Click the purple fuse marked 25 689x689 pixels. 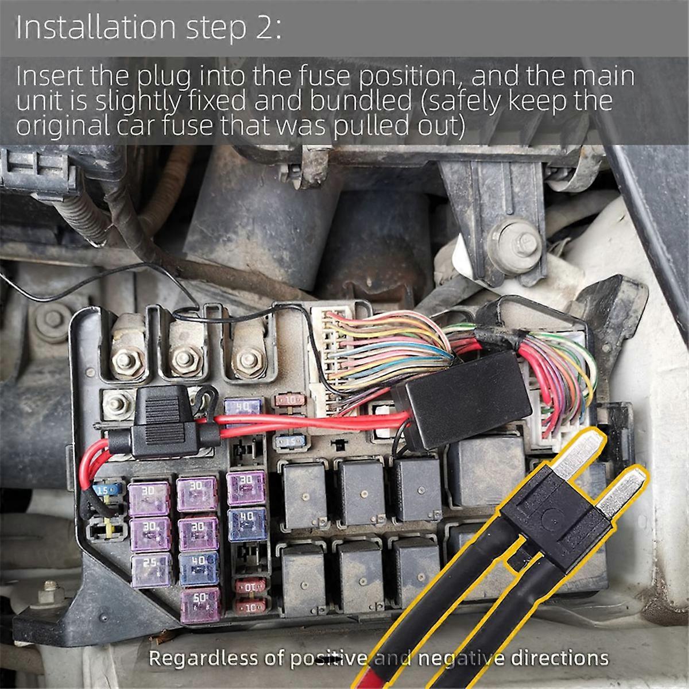click(150, 566)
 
